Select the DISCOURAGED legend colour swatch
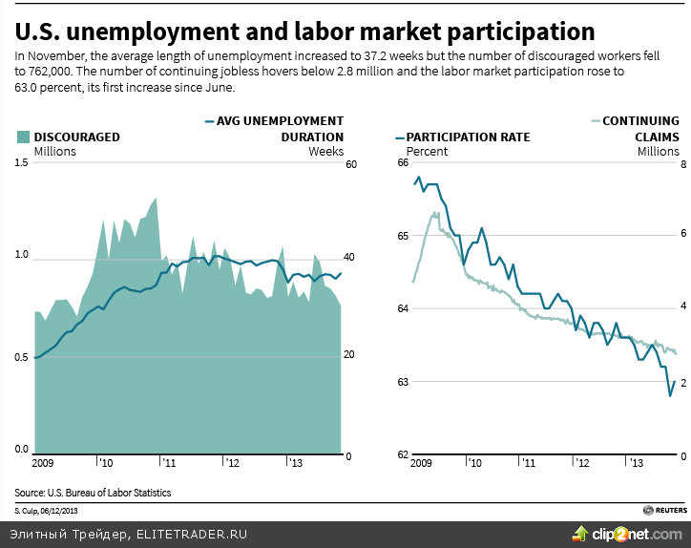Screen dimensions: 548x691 pyautogui.click(x=23, y=137)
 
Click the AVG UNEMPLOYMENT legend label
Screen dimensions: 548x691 pyautogui.click(x=280, y=121)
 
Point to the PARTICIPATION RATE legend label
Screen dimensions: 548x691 pyautogui.click(x=469, y=137)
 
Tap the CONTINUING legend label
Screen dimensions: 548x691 pyautogui.click(x=640, y=121)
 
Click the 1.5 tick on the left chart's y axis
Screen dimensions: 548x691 pyautogui.click(x=20, y=163)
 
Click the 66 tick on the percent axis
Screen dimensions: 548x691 pyautogui.click(x=402, y=163)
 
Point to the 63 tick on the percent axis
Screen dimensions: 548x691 pyautogui.click(x=402, y=382)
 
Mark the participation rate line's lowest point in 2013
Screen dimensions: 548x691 pyautogui.click(x=670, y=395)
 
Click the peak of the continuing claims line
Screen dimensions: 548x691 pyautogui.click(x=435, y=213)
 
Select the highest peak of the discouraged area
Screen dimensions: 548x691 pyautogui.click(x=156, y=199)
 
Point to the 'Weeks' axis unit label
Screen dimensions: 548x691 pyautogui.click(x=325, y=151)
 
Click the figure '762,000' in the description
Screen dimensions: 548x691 pyautogui.click(x=38, y=72)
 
